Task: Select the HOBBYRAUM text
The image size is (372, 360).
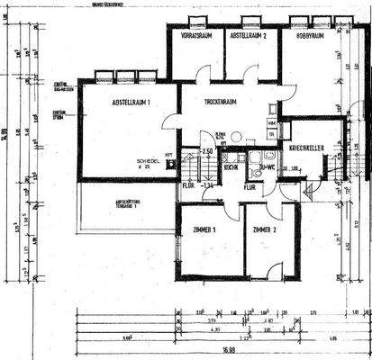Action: [x=304, y=37]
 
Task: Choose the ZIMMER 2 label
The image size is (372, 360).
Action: [x=267, y=230]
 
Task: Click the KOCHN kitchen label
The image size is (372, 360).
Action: [x=231, y=167]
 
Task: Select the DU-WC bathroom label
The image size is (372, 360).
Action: [x=266, y=167]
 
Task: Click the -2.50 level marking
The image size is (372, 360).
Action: [x=206, y=150]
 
